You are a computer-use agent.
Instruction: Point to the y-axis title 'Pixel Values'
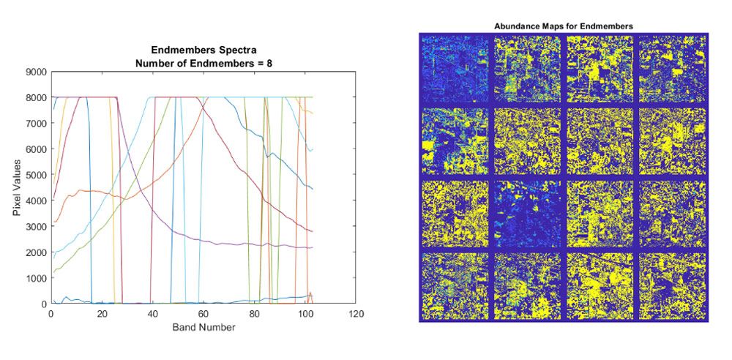[17, 188]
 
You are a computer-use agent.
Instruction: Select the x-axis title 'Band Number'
[204, 327]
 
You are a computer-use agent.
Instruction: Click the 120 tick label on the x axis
[356, 313]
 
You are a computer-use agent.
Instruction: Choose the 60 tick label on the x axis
[203, 313]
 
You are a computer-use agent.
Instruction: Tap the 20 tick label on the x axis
[101, 313]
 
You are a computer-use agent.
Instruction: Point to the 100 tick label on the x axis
[305, 313]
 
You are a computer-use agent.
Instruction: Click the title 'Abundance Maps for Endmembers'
[564, 26]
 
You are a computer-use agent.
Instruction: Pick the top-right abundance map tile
[672, 69]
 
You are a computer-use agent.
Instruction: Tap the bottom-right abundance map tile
[672, 285]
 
